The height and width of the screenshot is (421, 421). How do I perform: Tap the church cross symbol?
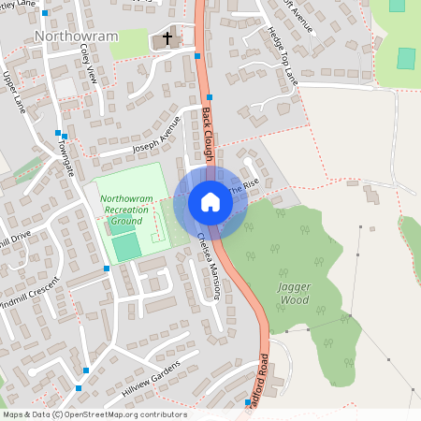[x=168, y=39]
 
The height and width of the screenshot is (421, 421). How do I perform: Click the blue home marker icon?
[x=210, y=202]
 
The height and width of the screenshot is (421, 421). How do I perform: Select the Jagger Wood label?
[x=295, y=294]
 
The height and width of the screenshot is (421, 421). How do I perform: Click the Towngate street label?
[x=63, y=149]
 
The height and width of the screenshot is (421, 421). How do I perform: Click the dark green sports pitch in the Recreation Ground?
[x=126, y=246]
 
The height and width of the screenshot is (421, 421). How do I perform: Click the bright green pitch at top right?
[x=405, y=58]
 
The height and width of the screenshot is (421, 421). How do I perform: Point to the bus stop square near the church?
[x=196, y=56]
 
